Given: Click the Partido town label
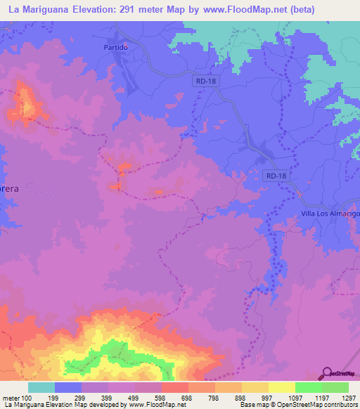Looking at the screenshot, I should click(x=114, y=47).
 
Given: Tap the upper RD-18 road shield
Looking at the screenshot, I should click(x=202, y=82).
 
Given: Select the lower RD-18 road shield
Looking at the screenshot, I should click(x=276, y=176).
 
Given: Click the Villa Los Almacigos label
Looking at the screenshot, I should click(x=330, y=213).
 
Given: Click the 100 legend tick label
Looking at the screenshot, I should click(x=27, y=397).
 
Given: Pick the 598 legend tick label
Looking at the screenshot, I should click(x=161, y=397).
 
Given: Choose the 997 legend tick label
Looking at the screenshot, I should click(x=268, y=397).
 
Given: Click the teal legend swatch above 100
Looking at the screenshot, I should click(x=41, y=387).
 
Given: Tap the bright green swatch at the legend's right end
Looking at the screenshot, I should click(x=335, y=387).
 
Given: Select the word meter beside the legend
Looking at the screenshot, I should click(x=10, y=397).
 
